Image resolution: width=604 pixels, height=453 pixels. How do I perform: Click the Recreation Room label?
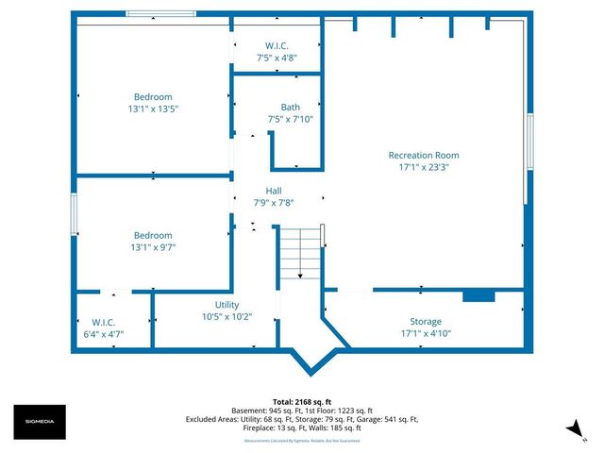click(x=424, y=155)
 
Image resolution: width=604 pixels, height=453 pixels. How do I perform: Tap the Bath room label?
click(x=290, y=107)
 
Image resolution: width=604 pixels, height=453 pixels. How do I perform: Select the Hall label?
click(x=274, y=191)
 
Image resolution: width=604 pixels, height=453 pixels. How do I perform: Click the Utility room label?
click(x=226, y=305)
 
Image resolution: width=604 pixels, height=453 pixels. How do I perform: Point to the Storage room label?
click(x=425, y=322)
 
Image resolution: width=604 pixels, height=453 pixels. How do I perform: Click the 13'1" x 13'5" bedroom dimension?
click(x=152, y=109)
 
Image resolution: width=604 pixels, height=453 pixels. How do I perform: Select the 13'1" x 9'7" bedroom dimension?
click(x=152, y=247)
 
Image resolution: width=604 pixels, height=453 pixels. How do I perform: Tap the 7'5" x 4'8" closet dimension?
click(x=277, y=58)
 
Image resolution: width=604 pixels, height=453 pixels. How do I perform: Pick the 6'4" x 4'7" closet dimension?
click(x=104, y=333)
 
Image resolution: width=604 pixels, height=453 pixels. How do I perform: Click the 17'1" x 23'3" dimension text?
click(x=424, y=167)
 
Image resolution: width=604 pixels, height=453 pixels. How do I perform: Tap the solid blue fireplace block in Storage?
click(x=478, y=296)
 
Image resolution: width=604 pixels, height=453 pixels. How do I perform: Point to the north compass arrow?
click(x=572, y=430)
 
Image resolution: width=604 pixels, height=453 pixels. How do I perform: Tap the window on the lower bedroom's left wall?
click(x=74, y=213)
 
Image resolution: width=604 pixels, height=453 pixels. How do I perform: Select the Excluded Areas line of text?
click(x=302, y=419)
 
